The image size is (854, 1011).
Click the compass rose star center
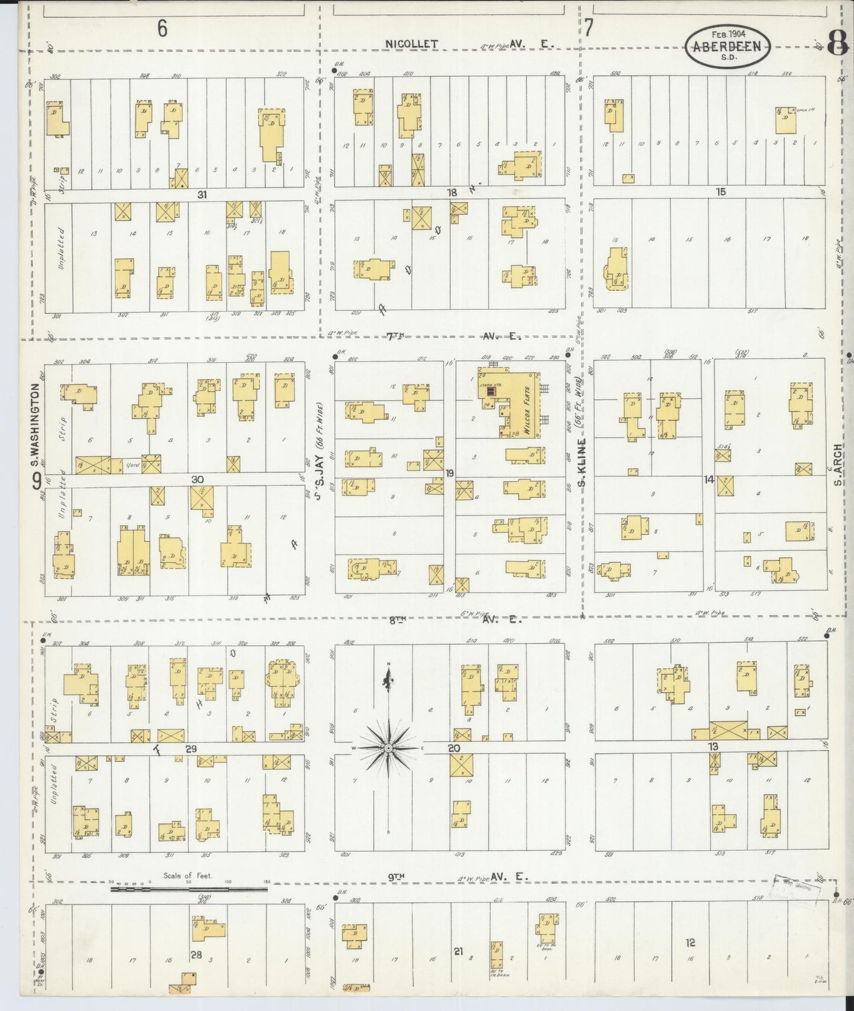point(388,748)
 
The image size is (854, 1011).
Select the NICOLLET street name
point(411,44)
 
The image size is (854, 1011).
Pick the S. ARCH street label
point(837,464)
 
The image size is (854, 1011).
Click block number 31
point(202,194)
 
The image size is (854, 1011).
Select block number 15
point(720,192)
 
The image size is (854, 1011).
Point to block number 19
point(450,473)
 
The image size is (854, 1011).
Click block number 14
point(709,479)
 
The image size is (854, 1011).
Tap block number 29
point(190,748)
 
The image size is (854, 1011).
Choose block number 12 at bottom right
point(690,942)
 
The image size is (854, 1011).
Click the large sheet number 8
point(838,44)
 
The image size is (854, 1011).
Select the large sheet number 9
point(37,482)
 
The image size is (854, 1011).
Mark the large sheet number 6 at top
point(162,28)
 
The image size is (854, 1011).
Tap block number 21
point(458,951)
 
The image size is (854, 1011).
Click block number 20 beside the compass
point(453,748)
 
